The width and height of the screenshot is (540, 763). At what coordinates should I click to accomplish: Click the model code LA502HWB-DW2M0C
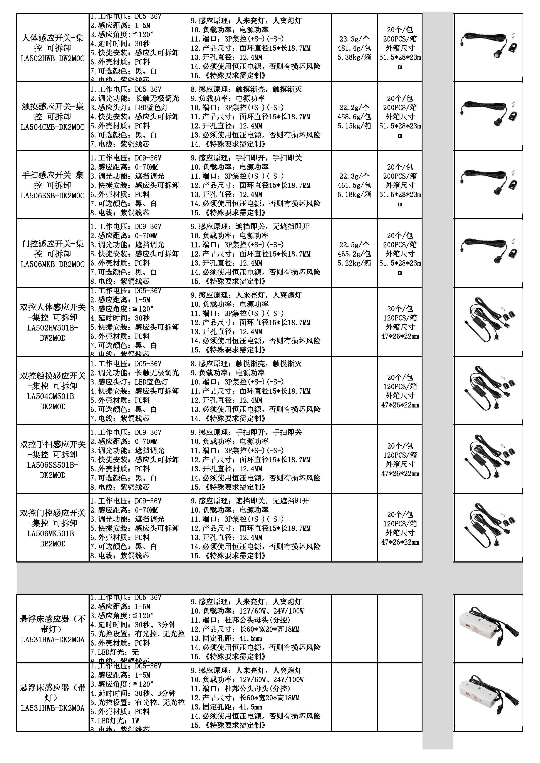52,58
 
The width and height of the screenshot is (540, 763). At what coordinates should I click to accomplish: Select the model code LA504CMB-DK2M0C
52,127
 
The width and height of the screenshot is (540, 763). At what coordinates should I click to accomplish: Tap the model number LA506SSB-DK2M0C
52,196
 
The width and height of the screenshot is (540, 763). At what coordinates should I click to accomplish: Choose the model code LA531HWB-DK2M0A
52,708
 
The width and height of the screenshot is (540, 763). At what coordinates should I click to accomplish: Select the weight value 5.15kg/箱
354,126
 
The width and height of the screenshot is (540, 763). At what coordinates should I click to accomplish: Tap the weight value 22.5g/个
354,245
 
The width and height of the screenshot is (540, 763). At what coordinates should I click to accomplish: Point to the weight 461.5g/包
354,185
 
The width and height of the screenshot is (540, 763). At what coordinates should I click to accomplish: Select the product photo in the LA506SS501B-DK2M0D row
488,459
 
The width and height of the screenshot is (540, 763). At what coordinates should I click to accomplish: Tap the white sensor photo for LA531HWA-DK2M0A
488,629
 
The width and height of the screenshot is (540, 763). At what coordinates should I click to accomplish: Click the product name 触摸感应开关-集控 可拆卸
52,111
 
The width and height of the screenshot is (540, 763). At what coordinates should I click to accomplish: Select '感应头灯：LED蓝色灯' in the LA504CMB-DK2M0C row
129,108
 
